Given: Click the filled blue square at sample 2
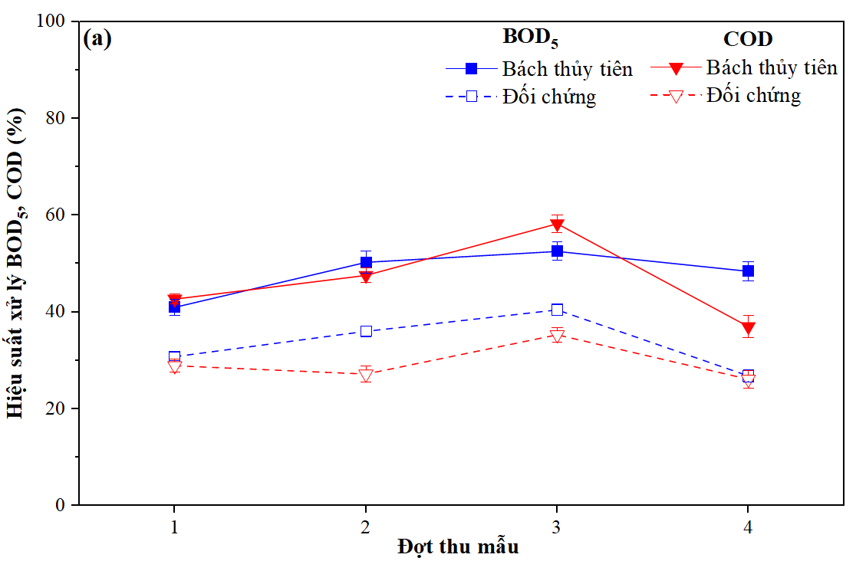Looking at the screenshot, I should click(x=366, y=262).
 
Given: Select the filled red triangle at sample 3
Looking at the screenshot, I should click(x=557, y=225).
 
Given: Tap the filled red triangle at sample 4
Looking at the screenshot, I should click(x=748, y=328).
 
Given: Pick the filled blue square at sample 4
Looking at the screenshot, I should click(x=748, y=271).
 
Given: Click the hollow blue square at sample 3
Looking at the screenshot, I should click(x=557, y=310).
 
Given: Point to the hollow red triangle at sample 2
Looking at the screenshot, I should click(x=366, y=376).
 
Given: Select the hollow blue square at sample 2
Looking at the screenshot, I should click(x=366, y=331).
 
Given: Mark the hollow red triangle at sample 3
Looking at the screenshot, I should click(x=557, y=336).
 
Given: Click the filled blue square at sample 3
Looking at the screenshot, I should click(x=557, y=251).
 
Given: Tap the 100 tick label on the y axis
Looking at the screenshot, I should click(x=53, y=21).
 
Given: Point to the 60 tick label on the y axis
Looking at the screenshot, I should click(x=58, y=215).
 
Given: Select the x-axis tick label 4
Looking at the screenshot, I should click(x=748, y=527).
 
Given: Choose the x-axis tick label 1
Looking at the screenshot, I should click(x=175, y=527).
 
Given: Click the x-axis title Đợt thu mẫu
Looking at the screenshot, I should click(x=458, y=547).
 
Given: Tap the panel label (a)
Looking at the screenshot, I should click(x=97, y=39).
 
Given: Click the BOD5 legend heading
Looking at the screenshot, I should click(x=530, y=37).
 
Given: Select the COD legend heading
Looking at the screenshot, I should click(x=747, y=38).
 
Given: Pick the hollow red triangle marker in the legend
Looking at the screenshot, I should click(x=677, y=97).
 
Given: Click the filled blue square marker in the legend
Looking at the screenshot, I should click(x=472, y=69).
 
